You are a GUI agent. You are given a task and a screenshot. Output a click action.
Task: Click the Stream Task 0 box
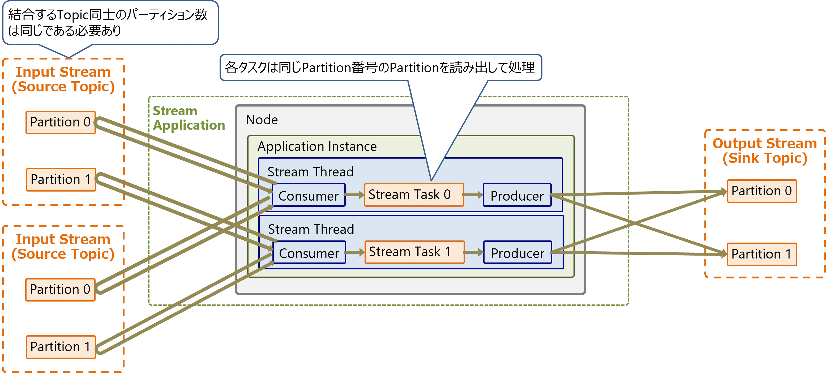[x=414, y=195]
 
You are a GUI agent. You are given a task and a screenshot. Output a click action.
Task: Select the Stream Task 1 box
[x=415, y=252]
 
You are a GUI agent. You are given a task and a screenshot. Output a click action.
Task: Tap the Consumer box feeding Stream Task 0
[x=309, y=195]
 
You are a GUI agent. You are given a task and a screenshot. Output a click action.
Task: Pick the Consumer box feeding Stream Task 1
[x=309, y=252]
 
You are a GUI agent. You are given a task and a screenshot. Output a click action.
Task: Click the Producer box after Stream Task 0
[x=517, y=195]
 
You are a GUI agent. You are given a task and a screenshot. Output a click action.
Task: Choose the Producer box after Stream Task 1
[x=518, y=252]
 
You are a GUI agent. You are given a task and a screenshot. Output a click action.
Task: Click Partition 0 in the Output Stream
[x=762, y=191]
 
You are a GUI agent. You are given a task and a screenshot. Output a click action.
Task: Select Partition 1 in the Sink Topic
[x=762, y=254]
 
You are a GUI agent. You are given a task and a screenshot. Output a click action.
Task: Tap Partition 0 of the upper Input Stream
[x=61, y=122]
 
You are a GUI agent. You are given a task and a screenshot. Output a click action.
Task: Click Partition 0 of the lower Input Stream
[x=60, y=290]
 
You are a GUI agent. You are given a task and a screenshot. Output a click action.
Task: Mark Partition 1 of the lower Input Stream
[x=61, y=347]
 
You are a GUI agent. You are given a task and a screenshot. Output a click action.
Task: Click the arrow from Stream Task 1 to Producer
[x=474, y=252]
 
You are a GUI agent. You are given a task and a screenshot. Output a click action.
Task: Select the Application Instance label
[x=317, y=147]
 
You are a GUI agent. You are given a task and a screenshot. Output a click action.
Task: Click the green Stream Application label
[x=189, y=118]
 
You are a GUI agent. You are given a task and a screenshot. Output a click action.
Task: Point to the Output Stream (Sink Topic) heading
[x=765, y=151]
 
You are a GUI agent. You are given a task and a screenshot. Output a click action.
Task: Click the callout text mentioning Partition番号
[x=380, y=67]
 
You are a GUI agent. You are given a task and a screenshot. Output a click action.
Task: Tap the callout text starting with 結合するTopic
[x=108, y=23]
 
